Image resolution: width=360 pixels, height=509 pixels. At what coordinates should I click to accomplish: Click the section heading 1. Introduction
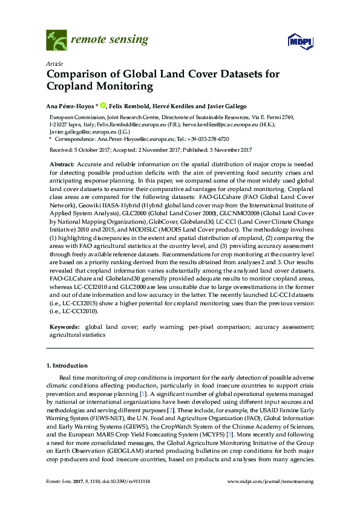tap(67, 366)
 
